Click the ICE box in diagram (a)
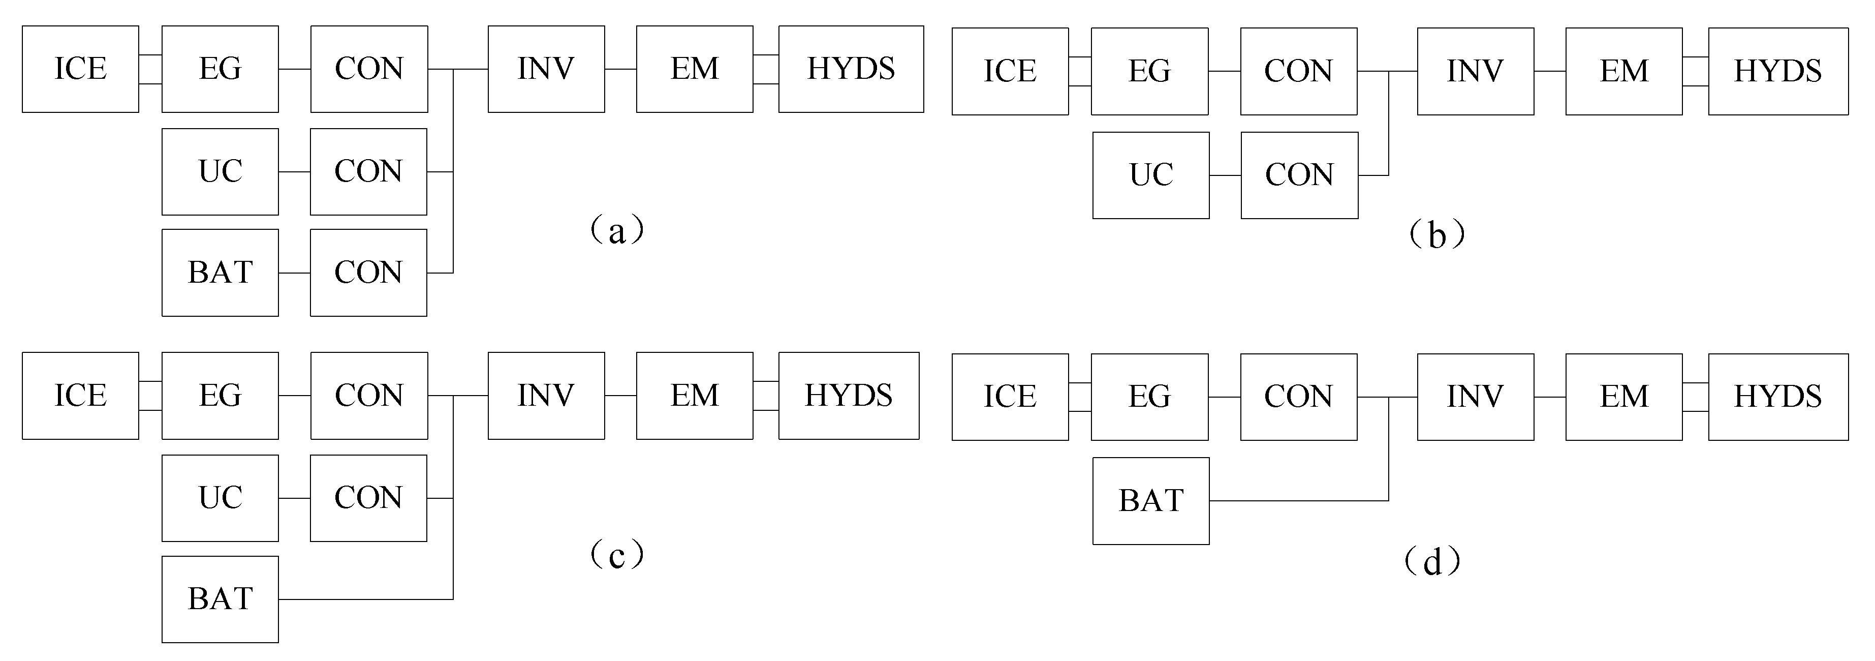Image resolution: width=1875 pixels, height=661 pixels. pyautogui.click(x=80, y=69)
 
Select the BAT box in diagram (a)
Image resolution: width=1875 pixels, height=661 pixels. pyautogui.click(x=220, y=272)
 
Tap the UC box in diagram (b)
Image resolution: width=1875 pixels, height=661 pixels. pyautogui.click(x=1151, y=175)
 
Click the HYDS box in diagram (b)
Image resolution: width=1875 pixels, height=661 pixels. pyautogui.click(x=1777, y=71)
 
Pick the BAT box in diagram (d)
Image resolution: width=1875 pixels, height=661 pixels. pyautogui.click(x=1151, y=501)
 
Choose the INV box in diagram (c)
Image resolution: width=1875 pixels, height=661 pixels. pyautogui.click(x=546, y=395)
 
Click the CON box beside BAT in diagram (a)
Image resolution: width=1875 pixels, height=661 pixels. pyautogui.click(x=368, y=272)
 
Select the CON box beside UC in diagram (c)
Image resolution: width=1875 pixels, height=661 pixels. pyautogui.click(x=368, y=498)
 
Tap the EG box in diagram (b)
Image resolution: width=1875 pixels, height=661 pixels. pyautogui.click(x=1149, y=71)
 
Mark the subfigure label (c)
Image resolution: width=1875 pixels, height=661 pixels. pyautogui.click(x=616, y=555)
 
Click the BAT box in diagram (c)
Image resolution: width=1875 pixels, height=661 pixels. pyautogui.click(x=220, y=599)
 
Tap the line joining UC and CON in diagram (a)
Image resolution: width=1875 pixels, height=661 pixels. pyautogui.click(x=294, y=172)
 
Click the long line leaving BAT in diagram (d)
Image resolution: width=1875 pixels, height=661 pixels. pyautogui.click(x=1299, y=501)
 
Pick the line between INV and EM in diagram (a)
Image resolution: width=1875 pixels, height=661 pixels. pyautogui.click(x=620, y=69)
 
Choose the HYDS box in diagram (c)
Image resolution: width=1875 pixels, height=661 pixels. pyautogui.click(x=849, y=395)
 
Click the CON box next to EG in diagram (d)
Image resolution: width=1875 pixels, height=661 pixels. pyautogui.click(x=1298, y=397)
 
